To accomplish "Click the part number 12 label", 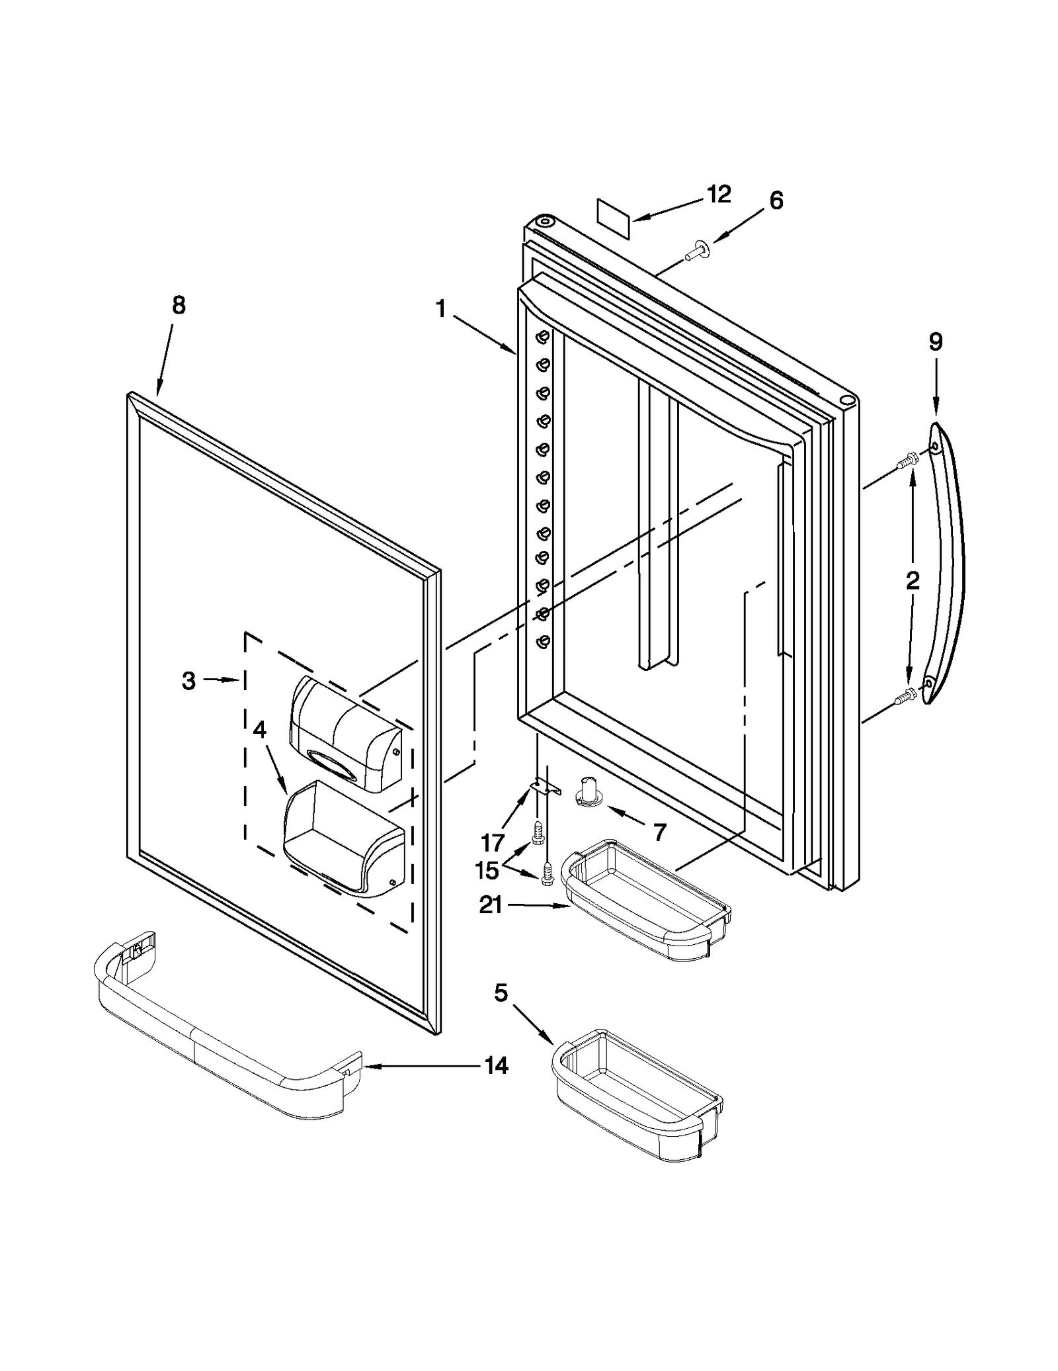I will click(718, 194).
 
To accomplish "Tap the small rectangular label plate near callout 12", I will click(613, 218).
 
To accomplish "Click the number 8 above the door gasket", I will click(179, 305).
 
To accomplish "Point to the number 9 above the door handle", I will click(935, 341).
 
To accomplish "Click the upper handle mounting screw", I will click(907, 461).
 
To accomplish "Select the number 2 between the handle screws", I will click(913, 581).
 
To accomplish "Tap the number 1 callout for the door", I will click(441, 308).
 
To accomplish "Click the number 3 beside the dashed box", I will click(189, 680).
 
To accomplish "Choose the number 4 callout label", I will click(259, 730).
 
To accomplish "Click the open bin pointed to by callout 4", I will click(337, 840).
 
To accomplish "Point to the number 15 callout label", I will click(487, 871).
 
